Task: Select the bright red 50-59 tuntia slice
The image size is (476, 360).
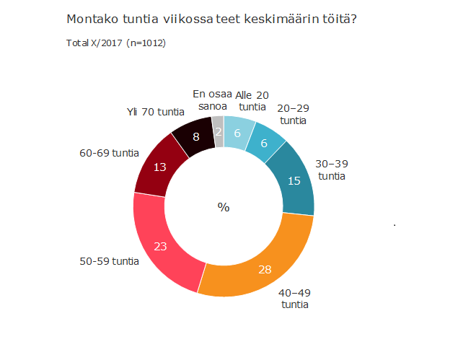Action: coord(162,245)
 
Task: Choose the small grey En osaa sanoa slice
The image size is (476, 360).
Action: coord(218,132)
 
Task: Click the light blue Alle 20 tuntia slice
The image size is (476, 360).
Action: coord(237,132)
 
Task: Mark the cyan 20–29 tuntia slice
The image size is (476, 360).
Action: coord(263,143)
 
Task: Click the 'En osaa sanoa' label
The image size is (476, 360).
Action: coord(212,100)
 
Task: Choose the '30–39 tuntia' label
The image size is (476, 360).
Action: coord(332,170)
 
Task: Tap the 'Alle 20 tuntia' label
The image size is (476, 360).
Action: coord(252,100)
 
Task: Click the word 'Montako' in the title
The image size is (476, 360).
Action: coord(92,18)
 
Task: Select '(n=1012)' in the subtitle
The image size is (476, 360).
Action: coord(146,43)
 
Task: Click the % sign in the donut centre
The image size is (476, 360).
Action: coord(224,207)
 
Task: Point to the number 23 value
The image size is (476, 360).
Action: coord(161,246)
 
